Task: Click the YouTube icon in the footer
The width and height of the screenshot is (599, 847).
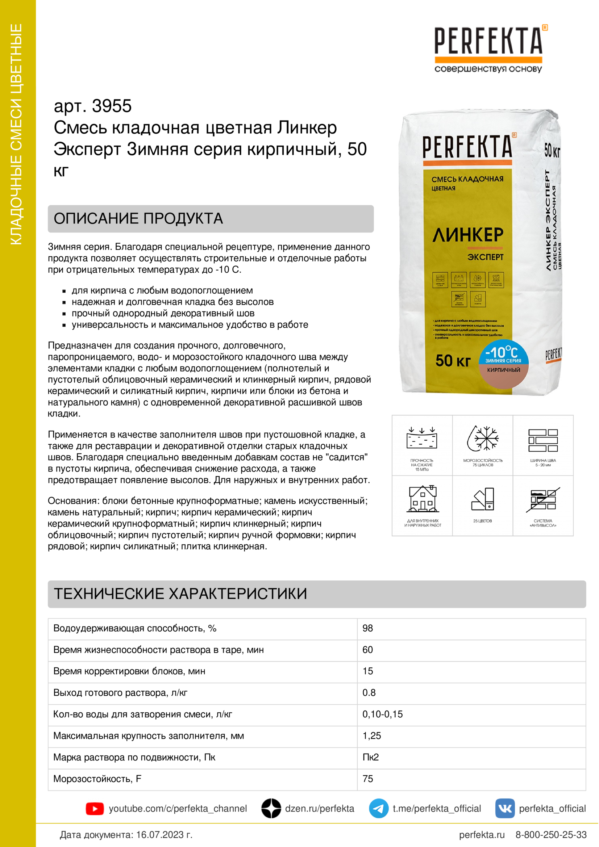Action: tap(95, 808)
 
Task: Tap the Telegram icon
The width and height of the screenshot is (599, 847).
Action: tap(378, 808)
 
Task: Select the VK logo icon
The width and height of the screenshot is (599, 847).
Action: tap(504, 808)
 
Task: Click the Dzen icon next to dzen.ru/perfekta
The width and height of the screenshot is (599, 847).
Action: tap(271, 808)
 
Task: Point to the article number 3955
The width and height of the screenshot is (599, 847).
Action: tap(112, 106)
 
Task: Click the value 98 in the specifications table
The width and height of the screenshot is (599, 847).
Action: tap(367, 628)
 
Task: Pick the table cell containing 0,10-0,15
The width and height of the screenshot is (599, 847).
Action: tap(382, 714)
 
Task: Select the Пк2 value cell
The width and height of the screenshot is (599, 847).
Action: tap(371, 757)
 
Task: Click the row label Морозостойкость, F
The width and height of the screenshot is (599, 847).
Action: tap(97, 779)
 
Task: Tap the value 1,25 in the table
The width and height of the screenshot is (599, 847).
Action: tap(372, 735)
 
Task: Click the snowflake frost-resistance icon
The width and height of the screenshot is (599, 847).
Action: tap(483, 439)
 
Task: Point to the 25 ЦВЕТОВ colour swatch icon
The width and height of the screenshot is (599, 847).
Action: tap(483, 500)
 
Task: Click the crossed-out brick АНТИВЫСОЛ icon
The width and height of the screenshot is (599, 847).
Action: tap(543, 500)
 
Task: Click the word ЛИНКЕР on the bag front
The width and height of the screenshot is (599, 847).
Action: tap(467, 235)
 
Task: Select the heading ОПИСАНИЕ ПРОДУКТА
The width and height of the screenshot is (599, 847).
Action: tap(138, 219)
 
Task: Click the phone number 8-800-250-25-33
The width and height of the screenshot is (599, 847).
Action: tap(551, 835)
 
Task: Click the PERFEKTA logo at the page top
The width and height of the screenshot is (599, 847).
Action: tap(488, 48)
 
